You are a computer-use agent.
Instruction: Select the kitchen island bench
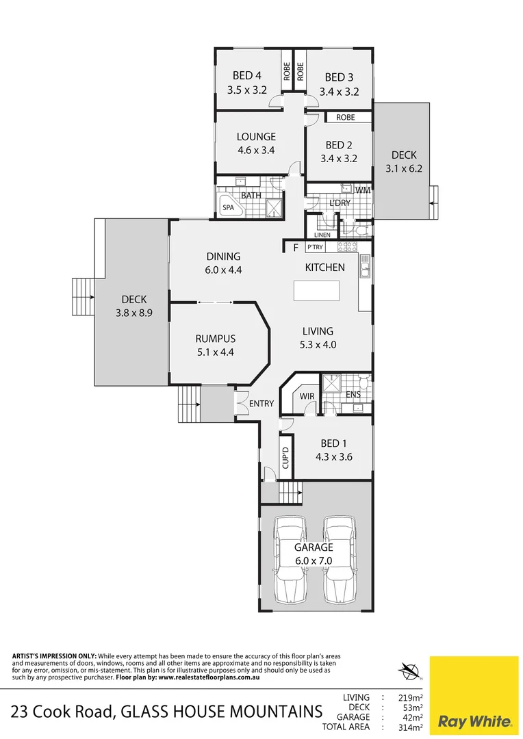(316, 290)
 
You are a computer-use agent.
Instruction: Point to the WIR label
(306, 396)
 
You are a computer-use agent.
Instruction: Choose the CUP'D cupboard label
(286, 456)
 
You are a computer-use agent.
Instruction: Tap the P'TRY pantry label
(315, 247)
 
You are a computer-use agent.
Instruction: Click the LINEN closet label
(322, 235)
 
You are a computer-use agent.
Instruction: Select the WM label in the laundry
(363, 190)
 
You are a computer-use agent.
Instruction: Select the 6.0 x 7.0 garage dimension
(314, 560)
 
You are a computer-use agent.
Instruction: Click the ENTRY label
(261, 404)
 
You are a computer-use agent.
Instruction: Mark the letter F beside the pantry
(296, 248)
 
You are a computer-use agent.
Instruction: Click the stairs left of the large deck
(82, 298)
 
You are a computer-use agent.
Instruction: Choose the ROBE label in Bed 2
(346, 118)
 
